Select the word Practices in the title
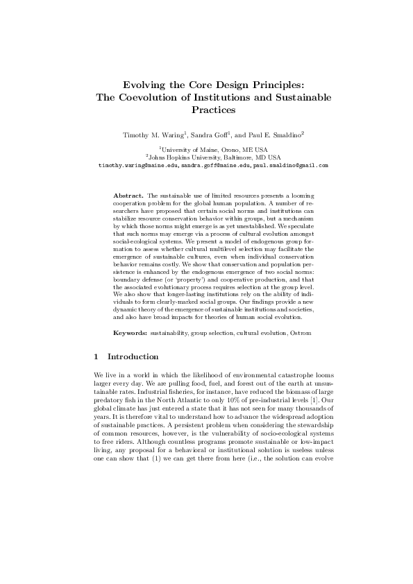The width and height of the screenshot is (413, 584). (206, 110)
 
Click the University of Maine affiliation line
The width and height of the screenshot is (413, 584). (207, 149)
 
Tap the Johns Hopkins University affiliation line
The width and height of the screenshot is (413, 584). (207, 157)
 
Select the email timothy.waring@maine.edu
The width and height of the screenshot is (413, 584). (129, 166)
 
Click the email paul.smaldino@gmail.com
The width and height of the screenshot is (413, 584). (281, 166)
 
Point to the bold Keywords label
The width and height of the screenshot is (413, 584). (130, 334)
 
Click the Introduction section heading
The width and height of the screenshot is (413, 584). (133, 357)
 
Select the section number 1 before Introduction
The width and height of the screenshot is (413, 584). (95, 357)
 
